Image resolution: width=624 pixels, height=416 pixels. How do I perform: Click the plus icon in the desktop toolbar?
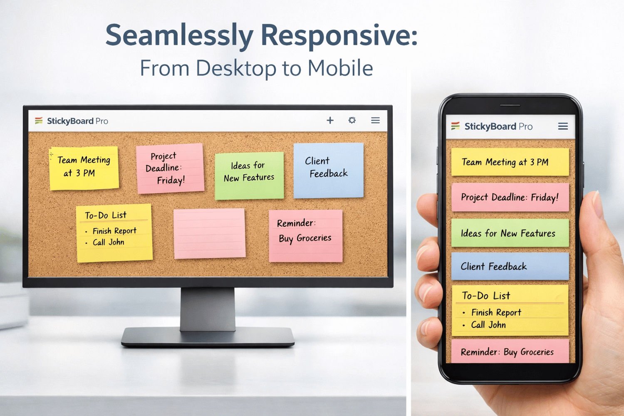[330, 120]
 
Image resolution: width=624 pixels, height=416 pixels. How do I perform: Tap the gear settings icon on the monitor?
[352, 120]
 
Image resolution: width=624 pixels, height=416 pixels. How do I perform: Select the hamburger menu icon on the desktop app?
[375, 120]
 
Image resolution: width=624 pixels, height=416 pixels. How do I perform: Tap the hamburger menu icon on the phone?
[563, 126]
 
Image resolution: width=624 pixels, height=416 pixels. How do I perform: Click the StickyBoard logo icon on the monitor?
[39, 121]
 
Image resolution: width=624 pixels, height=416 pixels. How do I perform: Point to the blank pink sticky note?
[210, 233]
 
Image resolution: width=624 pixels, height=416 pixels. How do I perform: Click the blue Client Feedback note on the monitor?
[329, 170]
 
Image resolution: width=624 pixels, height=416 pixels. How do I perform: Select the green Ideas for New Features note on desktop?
[249, 176]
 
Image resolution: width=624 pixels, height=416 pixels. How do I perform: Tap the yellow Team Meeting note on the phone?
[510, 162]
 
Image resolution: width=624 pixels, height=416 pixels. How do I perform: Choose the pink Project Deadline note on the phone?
[510, 197]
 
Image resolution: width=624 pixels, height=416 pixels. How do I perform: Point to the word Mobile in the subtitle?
[340, 68]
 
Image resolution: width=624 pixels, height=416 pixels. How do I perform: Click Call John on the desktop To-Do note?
[108, 242]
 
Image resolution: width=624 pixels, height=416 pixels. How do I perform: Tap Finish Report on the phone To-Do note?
[496, 312]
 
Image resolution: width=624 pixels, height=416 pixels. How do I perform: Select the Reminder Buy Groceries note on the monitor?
[306, 236]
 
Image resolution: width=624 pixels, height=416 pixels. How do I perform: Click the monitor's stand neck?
[208, 309]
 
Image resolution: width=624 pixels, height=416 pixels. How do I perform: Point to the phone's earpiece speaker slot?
[510, 105]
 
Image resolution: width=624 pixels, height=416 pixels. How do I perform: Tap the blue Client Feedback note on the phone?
[510, 266]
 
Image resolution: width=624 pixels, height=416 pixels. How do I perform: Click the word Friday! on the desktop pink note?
[171, 180]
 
